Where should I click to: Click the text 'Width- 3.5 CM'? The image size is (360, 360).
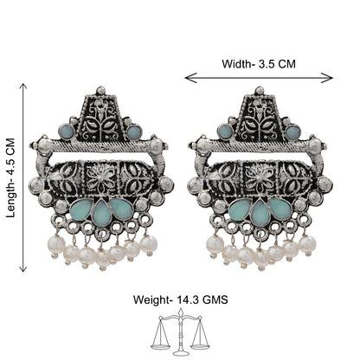click(x=259, y=64)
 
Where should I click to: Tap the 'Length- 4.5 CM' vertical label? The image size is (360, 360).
click(x=11, y=178)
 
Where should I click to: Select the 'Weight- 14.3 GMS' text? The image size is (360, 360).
click(x=180, y=299)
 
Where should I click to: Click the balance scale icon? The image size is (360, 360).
click(x=181, y=331)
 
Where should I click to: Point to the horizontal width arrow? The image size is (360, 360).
click(x=259, y=78)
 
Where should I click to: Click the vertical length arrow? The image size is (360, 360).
click(x=23, y=177)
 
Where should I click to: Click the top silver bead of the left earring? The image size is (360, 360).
click(x=100, y=90)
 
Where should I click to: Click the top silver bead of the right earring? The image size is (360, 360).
click(x=260, y=90)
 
